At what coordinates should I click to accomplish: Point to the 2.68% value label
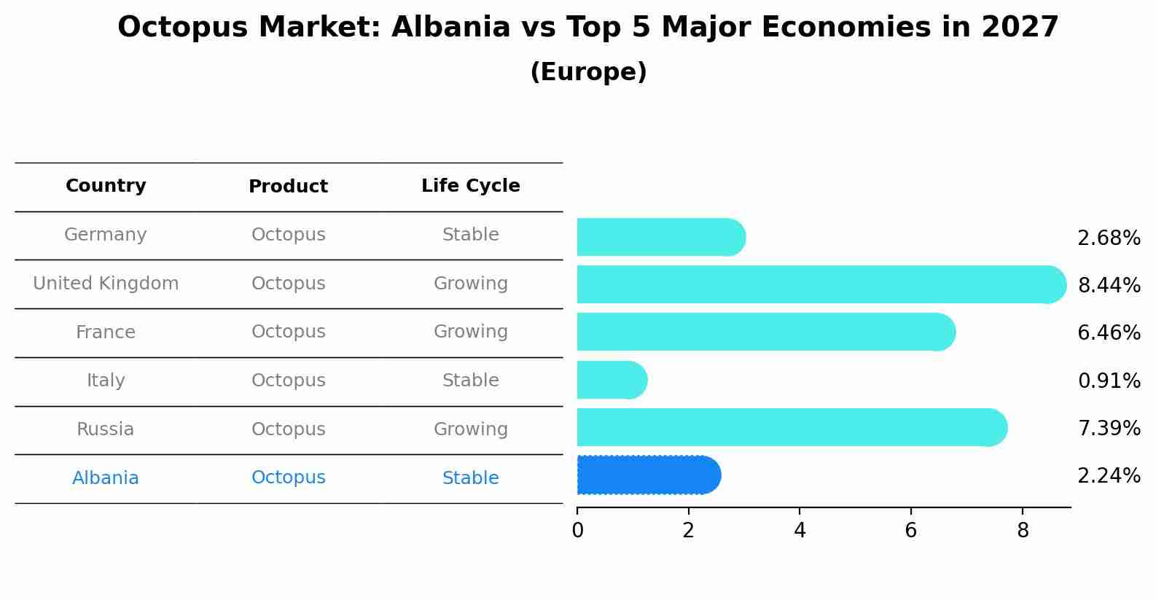1109,238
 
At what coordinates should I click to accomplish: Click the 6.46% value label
1109,333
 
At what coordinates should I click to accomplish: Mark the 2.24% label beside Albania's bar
1109,476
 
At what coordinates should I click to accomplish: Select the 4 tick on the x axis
800,531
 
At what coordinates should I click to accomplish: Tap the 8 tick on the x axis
1023,531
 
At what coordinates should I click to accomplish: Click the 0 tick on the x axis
577,531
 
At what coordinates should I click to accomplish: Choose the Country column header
106,186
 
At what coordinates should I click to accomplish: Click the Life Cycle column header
471,186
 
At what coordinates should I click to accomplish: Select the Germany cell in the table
106,235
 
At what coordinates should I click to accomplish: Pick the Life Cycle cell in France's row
471,332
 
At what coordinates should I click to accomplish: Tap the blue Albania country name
106,478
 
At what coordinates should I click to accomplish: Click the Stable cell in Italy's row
471,381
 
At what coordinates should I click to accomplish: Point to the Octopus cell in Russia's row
289,429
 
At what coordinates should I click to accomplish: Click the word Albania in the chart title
450,28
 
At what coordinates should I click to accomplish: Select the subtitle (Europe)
588,72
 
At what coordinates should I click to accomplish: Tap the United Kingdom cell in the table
106,284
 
